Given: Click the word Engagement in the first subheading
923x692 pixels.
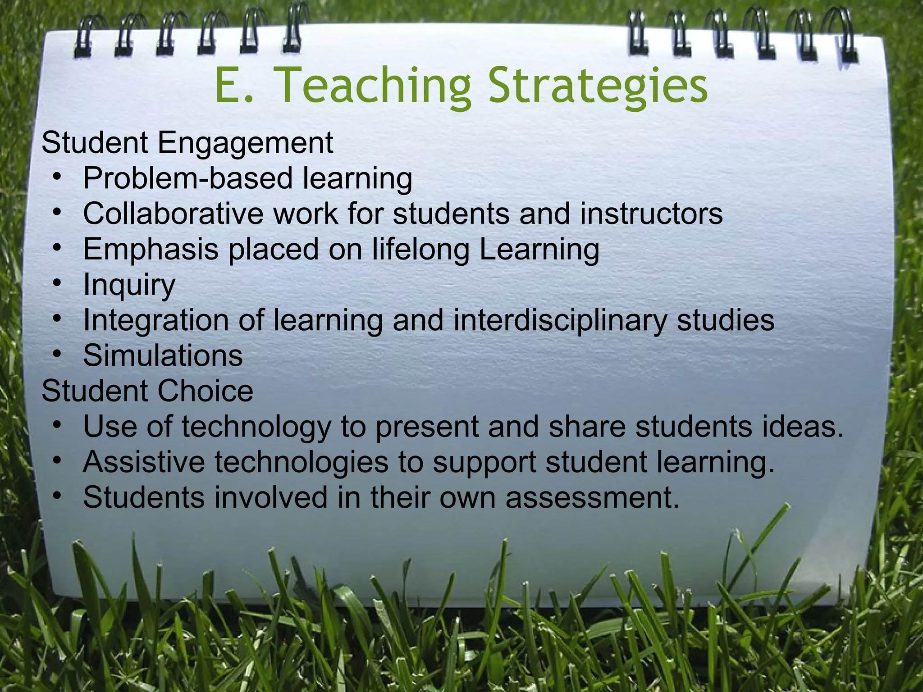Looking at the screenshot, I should (245, 144).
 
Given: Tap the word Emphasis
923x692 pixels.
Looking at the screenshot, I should (151, 249).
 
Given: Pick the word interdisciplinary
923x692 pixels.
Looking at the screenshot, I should (559, 320).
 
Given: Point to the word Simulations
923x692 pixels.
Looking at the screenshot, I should (163, 355).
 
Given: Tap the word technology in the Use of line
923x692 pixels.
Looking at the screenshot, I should (256, 427).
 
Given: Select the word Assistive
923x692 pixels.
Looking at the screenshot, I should (143, 462).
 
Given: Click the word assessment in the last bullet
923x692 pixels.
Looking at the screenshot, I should (591, 498).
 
